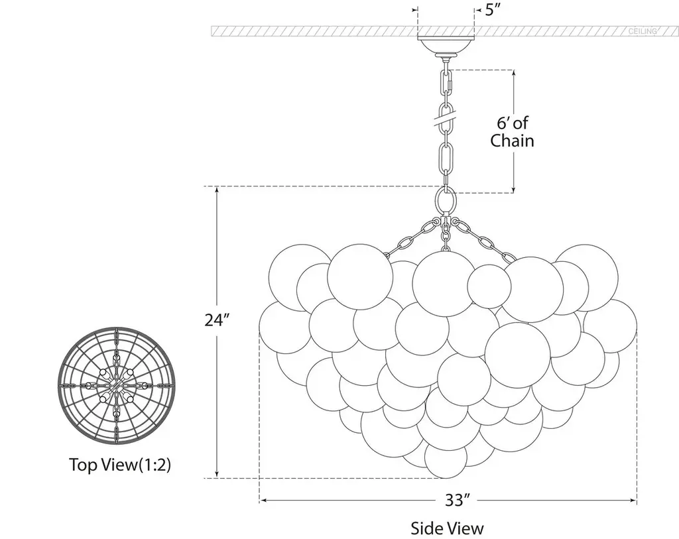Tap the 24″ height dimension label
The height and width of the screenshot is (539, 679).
click(x=217, y=320)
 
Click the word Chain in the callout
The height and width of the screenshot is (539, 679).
click(x=512, y=141)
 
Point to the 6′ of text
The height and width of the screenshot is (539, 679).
click(x=513, y=123)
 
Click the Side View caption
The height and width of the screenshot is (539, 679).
click(x=447, y=528)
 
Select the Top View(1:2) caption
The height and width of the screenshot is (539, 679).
click(x=120, y=465)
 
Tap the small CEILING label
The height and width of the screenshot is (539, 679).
click(x=643, y=31)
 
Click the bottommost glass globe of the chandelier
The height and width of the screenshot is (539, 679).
click(x=446, y=458)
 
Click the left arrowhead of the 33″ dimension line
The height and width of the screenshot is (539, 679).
click(x=263, y=501)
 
